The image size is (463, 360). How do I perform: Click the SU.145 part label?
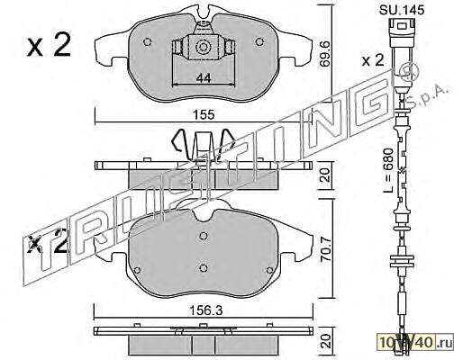click(x=402, y=10)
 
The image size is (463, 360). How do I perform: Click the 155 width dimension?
click(x=204, y=115)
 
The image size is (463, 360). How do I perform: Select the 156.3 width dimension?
click(x=206, y=310)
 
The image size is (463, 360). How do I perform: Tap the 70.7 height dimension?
click(x=325, y=249)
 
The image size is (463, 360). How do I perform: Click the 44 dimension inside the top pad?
click(x=204, y=78)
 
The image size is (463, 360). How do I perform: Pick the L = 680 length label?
click(x=388, y=170)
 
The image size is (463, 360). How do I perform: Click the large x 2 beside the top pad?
click(x=49, y=46)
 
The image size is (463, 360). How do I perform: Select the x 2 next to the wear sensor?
click(x=373, y=61)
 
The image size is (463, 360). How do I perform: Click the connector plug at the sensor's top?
click(x=402, y=32)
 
